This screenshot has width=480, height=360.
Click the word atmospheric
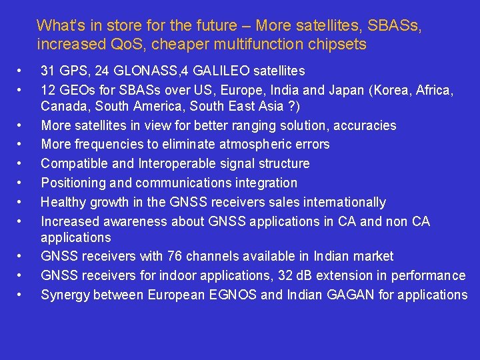[x=253, y=145]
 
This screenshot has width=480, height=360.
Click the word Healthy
[x=63, y=203]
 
